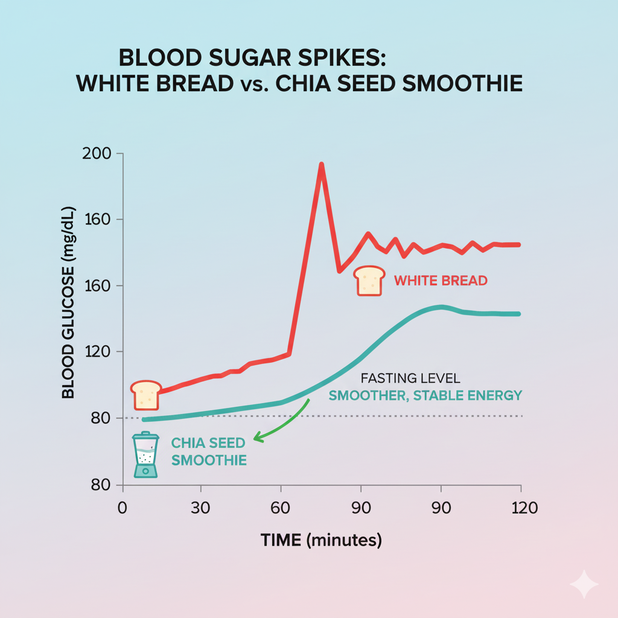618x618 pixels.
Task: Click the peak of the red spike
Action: (321, 165)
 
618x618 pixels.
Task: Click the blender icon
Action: (145, 456)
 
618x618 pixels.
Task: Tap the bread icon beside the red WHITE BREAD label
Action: (369, 281)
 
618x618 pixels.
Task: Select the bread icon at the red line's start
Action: (145, 395)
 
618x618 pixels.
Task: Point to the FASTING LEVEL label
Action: (410, 379)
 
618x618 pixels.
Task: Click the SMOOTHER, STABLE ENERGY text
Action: (425, 396)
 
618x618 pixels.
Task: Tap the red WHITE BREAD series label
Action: (441, 281)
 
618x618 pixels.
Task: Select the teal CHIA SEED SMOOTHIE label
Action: (209, 451)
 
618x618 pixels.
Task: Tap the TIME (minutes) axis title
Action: (321, 540)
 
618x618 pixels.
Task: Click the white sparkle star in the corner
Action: (584, 584)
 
